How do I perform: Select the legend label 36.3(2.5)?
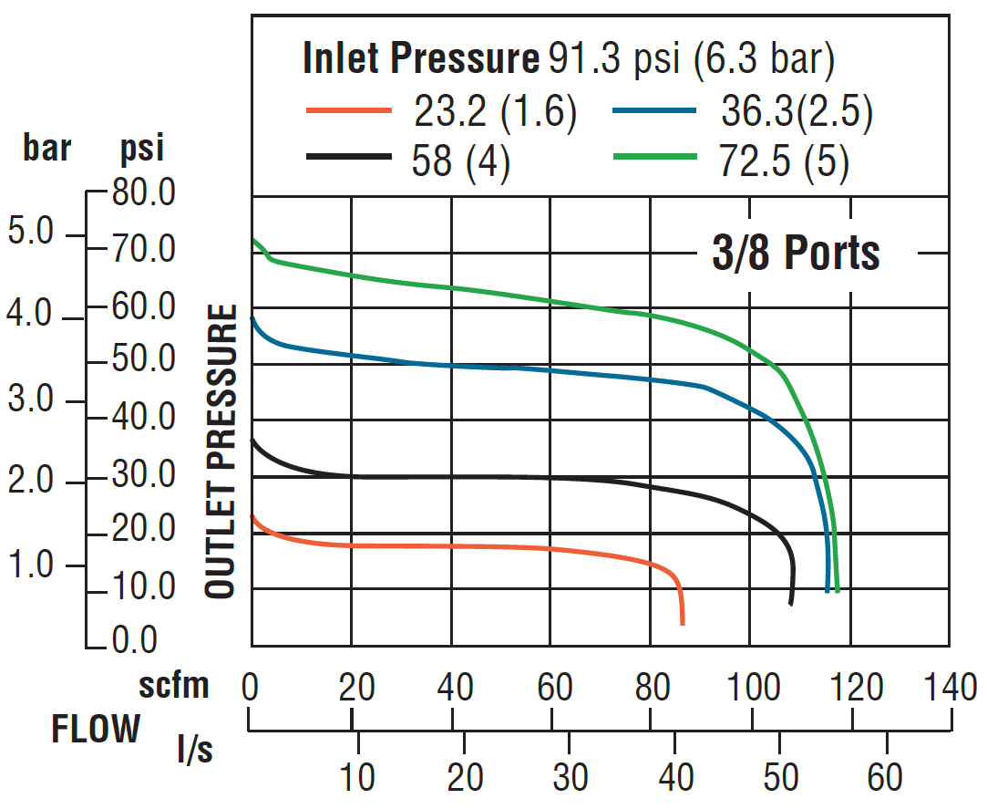pyautogui.click(x=797, y=111)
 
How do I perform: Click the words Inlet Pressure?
pyautogui.click(x=421, y=59)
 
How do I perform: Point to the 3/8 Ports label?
pyautogui.click(x=796, y=253)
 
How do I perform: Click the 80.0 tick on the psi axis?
pyautogui.click(x=144, y=192)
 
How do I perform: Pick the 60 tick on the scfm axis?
pyautogui.click(x=553, y=687)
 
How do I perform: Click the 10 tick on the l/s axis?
pyautogui.click(x=359, y=777)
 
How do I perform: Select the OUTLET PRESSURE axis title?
pyautogui.click(x=221, y=453)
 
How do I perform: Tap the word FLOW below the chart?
pyautogui.click(x=96, y=730)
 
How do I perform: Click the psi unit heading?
pyautogui.click(x=141, y=148)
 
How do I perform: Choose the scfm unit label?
pyautogui.click(x=173, y=684)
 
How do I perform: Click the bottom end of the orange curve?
pyautogui.click(x=682, y=623)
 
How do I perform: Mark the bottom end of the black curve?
pyautogui.click(x=791, y=603)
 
